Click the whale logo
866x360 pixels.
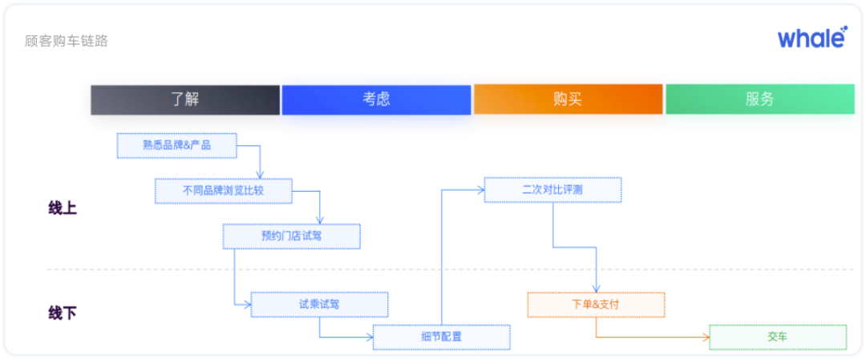click(811, 37)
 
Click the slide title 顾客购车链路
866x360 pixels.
click(67, 41)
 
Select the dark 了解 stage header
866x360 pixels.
click(185, 99)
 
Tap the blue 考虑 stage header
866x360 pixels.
click(376, 99)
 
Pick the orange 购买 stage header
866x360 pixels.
click(568, 99)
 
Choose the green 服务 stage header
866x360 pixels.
click(759, 99)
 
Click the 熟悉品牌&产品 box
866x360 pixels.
click(177, 145)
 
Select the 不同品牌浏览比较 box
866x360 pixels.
click(223, 190)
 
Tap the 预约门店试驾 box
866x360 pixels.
click(291, 236)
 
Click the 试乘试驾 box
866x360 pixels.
click(319, 304)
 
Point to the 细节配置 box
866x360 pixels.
click(441, 337)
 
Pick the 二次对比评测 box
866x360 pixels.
click(552, 190)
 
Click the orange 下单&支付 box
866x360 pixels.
click(596, 305)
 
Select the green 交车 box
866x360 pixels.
click(777, 337)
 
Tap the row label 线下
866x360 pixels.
click(63, 313)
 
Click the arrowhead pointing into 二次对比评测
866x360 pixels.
click(480, 190)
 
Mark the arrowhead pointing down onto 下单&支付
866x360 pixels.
click(597, 289)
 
